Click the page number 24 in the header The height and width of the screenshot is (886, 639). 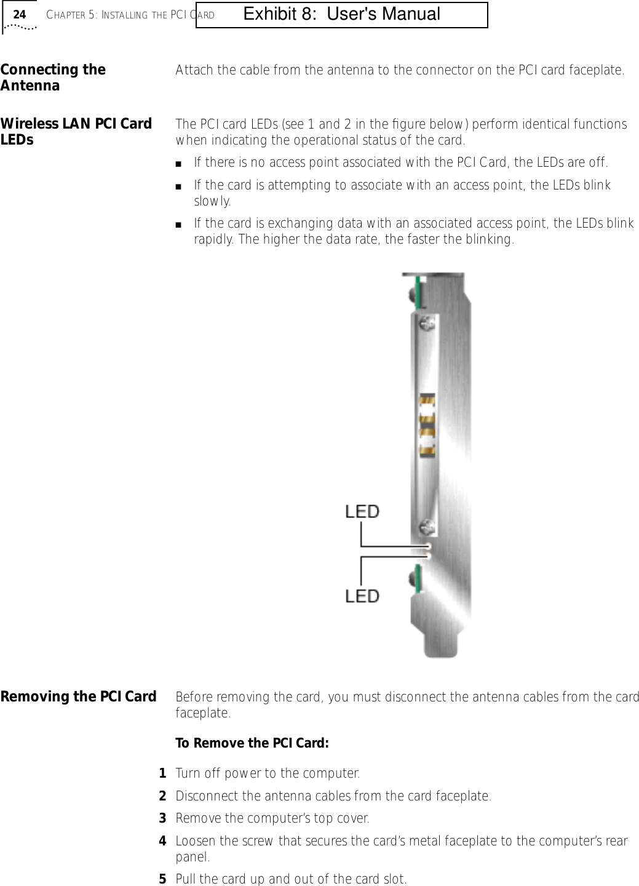click(x=20, y=14)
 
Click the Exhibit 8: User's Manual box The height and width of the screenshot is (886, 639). click(x=342, y=15)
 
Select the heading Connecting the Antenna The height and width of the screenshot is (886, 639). click(x=53, y=78)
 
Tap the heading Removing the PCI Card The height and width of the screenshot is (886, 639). click(x=79, y=696)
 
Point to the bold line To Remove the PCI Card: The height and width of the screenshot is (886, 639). click(x=252, y=743)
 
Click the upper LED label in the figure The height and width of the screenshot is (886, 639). click(x=362, y=511)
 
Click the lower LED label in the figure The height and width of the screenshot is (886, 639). click(x=362, y=596)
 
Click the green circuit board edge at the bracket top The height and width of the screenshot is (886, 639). click(x=417, y=292)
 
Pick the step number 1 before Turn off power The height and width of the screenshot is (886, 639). click(x=163, y=773)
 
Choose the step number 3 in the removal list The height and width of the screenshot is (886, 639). click(x=163, y=818)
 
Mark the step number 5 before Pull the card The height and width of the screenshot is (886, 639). click(x=163, y=879)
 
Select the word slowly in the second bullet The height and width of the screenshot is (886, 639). click(x=212, y=201)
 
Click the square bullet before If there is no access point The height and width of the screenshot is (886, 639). click(x=178, y=164)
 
